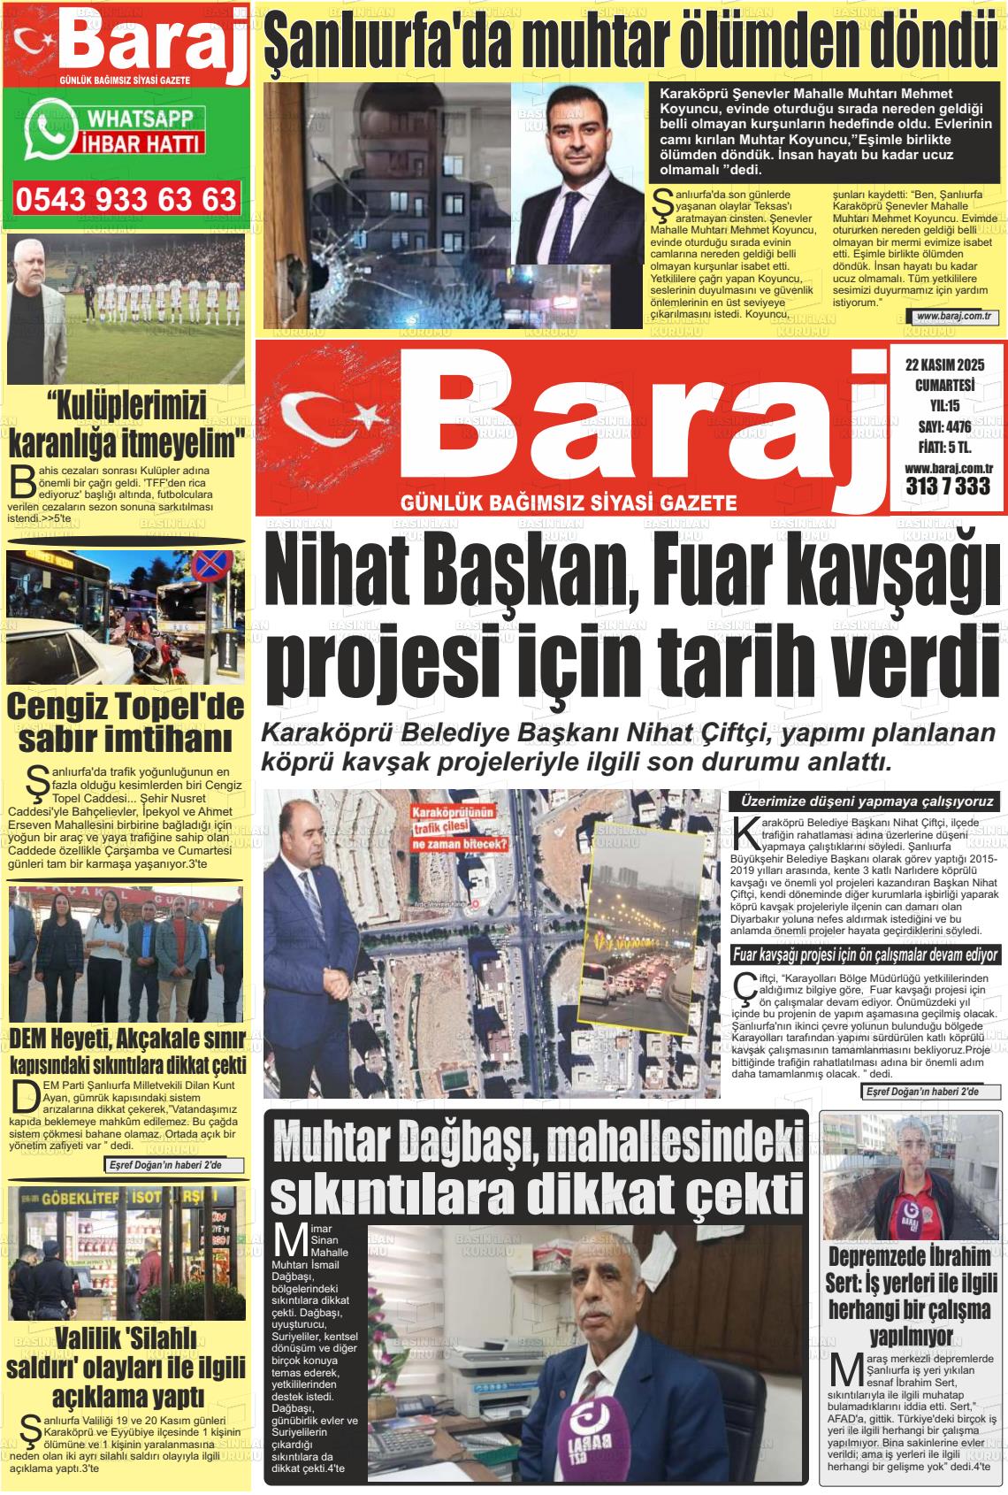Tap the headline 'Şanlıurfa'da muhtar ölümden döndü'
pos(630,40)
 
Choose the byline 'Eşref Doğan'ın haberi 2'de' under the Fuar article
pos(931,1092)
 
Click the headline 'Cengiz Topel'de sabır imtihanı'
pos(125,722)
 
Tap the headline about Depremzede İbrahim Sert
pos(912,1296)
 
